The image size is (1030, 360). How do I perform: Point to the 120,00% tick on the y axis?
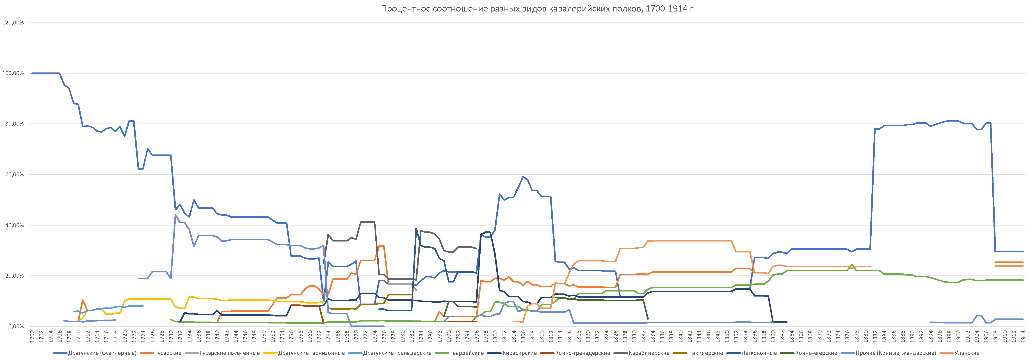pyautogui.click(x=13, y=23)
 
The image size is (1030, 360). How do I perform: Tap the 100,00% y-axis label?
pyautogui.click(x=13, y=73)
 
